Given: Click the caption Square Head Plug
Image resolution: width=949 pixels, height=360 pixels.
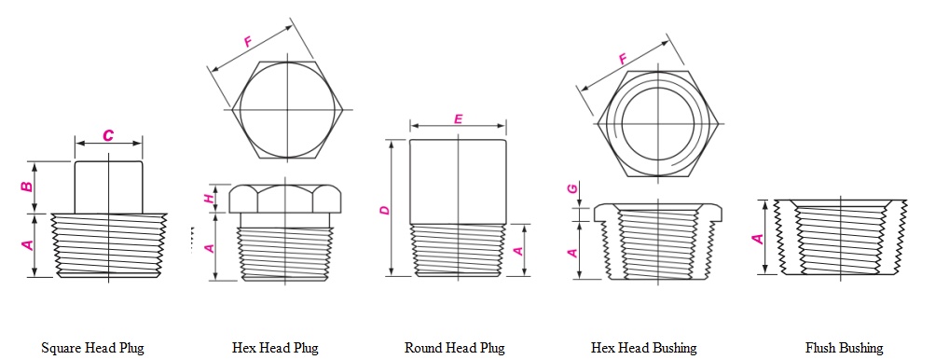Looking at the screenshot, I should coord(92,348).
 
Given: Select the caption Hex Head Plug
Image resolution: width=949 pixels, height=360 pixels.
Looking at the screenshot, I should coord(275,348).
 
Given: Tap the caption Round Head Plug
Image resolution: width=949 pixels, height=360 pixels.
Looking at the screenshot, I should coord(454,348).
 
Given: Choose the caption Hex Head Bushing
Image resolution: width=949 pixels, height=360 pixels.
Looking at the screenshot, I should coord(643,348).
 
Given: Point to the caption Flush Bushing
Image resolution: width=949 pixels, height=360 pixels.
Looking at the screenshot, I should coord(844,348).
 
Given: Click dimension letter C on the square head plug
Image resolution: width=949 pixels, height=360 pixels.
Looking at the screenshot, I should coord(108,135).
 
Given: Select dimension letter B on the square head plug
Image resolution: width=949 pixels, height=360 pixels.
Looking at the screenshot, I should coord(28,187).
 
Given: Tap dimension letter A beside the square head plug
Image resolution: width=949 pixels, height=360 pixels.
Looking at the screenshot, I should coord(28,244).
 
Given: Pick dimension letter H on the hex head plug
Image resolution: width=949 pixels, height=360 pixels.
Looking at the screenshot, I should coord(211,198).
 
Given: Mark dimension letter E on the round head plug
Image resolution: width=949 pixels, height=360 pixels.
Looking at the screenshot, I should coord(458,118).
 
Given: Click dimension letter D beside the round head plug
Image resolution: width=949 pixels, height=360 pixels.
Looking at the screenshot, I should coord(383,211).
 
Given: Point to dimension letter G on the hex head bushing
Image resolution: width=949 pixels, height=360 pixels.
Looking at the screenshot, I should coord(573,189).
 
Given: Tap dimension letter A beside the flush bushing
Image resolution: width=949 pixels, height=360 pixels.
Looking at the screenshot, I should coord(758,238).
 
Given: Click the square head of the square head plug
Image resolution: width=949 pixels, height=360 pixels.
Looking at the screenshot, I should coord(109,185).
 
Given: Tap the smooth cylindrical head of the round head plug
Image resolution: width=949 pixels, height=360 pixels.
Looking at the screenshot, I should coord(458,181).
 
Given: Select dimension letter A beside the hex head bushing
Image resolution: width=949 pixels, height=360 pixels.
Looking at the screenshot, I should coord(573,250).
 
